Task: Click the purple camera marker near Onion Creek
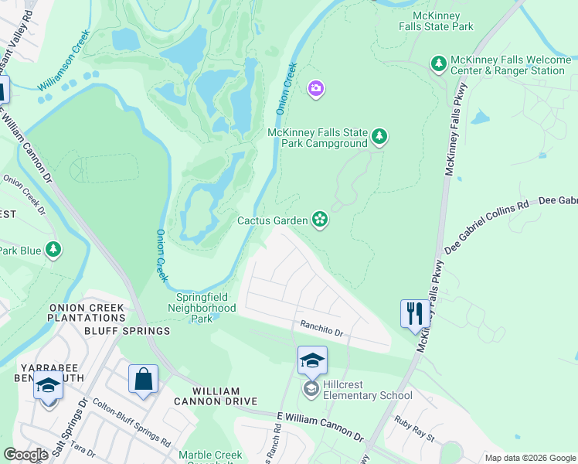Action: pos(315,90)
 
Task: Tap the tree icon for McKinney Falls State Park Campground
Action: pos(379,137)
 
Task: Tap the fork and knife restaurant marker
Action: pos(414,314)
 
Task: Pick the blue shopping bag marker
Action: pos(144,380)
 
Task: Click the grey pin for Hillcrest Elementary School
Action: pos(311,388)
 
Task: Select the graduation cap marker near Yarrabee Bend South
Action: pos(48,387)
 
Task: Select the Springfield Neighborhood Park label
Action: pos(202,307)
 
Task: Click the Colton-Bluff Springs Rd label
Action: pos(131,424)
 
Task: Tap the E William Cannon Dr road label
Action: pos(320,426)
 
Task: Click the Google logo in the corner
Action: pos(26,455)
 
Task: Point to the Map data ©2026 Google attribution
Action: pos(530,458)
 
